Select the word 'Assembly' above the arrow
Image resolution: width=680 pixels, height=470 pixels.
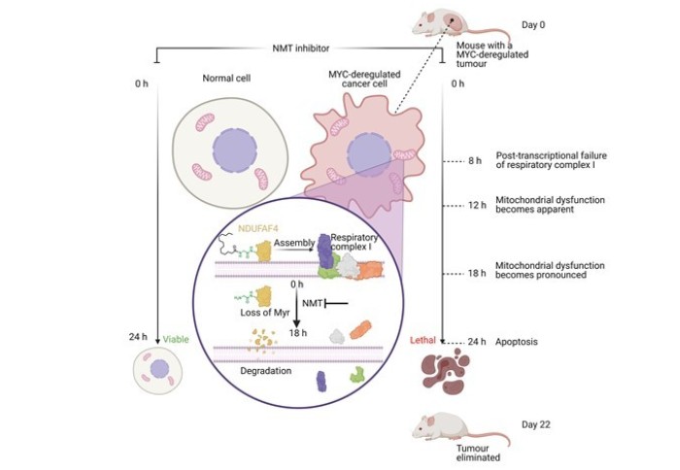click(294, 241)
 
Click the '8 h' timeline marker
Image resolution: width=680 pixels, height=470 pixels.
click(476, 160)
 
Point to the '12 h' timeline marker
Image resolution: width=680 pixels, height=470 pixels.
click(475, 205)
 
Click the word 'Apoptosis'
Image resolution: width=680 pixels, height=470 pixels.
click(518, 342)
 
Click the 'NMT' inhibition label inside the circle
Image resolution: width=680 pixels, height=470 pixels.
click(312, 304)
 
